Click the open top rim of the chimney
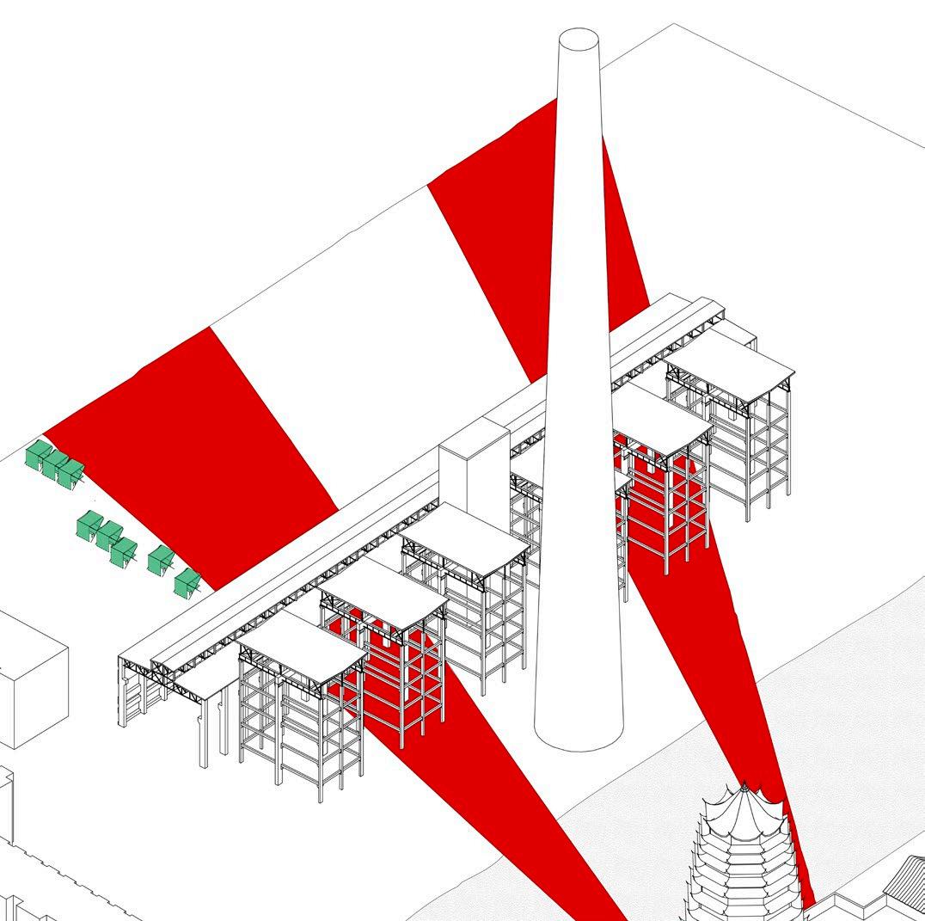tap(579, 40)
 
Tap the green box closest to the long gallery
tap(186, 583)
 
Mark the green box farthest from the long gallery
tap(38, 455)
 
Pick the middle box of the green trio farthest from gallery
tap(55, 464)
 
